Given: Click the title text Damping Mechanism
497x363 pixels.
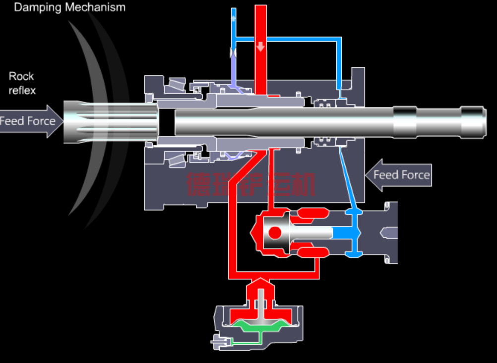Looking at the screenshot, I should coord(69,7).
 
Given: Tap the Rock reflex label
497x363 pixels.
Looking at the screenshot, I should coord(22,83).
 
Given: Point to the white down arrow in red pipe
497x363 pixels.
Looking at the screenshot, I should coord(260,47).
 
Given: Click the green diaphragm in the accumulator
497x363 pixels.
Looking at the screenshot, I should coord(259,326).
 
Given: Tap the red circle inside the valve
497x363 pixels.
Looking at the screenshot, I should coord(275,232).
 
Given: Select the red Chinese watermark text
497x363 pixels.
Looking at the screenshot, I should coord(250,184).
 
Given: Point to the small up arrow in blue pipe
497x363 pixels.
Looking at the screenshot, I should coord(234,18).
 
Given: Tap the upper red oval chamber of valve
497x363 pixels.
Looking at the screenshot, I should coord(313,213).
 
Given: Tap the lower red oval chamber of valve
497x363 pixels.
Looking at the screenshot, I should coord(313,252).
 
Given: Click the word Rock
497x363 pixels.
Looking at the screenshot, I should coord(21,76).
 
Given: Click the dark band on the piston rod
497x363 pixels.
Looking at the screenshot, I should coord(405,122).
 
